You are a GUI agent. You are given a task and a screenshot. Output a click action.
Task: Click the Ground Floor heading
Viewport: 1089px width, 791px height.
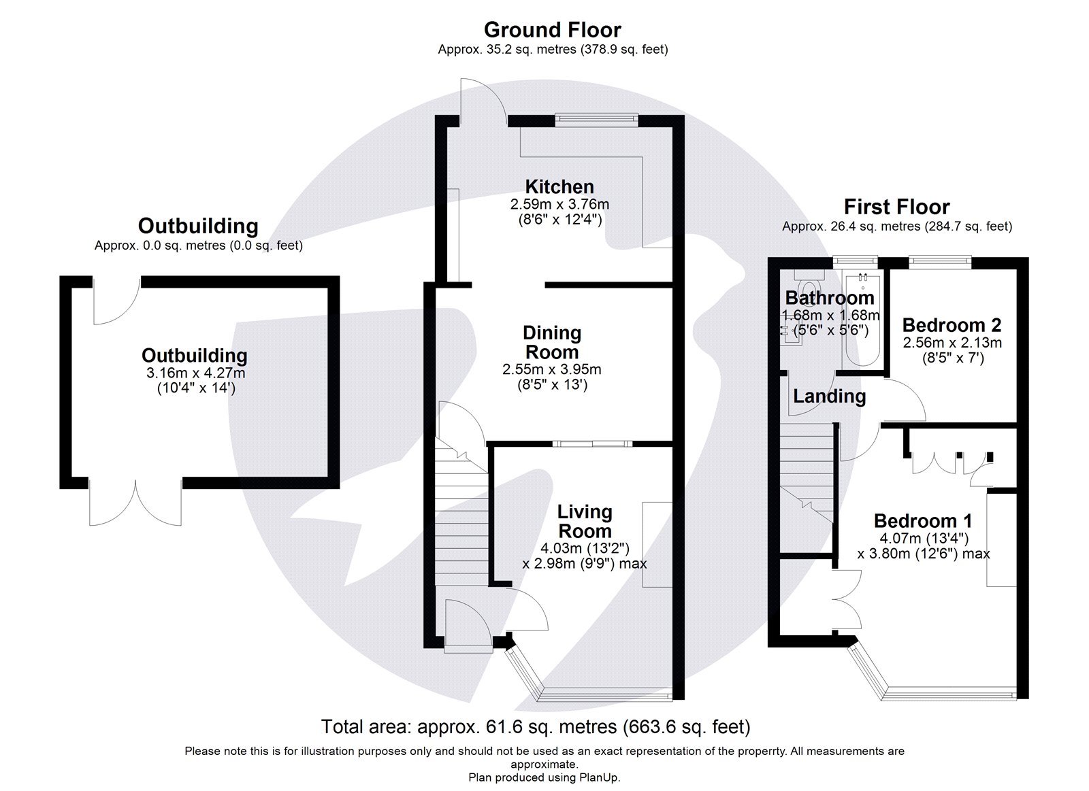coord(552,30)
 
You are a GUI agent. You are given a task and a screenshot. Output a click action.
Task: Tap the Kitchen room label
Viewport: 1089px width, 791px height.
coord(559,186)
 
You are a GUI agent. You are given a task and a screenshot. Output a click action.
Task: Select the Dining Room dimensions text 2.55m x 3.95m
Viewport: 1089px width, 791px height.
coord(551,370)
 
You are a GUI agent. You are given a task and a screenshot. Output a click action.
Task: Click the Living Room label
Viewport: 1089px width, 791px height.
coord(584,521)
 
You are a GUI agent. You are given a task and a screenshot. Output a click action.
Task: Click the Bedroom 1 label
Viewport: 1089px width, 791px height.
coord(922,521)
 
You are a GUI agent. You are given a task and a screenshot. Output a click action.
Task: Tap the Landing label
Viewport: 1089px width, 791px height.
coord(829,396)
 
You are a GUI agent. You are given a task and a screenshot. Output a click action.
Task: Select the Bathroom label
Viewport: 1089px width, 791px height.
coord(829,298)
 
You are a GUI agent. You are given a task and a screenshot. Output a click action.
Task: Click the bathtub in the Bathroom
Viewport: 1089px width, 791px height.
coord(862,320)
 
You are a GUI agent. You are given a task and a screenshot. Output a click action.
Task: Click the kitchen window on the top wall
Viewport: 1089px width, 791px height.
coord(596,118)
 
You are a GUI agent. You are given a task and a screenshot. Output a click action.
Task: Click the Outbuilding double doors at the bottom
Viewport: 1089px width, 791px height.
coord(136,502)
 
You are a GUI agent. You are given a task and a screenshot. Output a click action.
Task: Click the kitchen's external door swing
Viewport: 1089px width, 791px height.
coord(481,102)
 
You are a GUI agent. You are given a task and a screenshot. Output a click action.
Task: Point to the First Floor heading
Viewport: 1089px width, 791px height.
coord(896,207)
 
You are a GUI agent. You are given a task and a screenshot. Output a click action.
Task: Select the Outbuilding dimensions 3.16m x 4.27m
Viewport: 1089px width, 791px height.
coord(195,373)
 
